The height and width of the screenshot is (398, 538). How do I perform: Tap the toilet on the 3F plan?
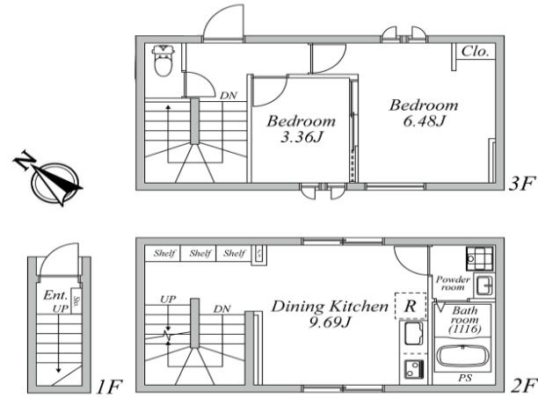[x=163, y=61]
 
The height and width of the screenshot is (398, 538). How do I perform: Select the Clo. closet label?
[x=476, y=51]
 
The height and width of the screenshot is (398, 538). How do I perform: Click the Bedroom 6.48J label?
[x=425, y=112]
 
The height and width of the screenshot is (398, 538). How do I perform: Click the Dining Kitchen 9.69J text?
[x=329, y=315]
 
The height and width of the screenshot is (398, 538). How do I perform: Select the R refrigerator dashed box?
[x=410, y=307]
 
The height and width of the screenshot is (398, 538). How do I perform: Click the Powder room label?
[x=454, y=284]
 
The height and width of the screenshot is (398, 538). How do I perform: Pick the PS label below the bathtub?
[x=463, y=380]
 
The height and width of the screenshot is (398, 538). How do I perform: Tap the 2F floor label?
[x=523, y=386]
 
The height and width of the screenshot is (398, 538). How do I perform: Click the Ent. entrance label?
[x=55, y=296]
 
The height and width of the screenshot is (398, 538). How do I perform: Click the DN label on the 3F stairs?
[x=228, y=95]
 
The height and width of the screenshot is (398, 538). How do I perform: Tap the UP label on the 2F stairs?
[x=168, y=300]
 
